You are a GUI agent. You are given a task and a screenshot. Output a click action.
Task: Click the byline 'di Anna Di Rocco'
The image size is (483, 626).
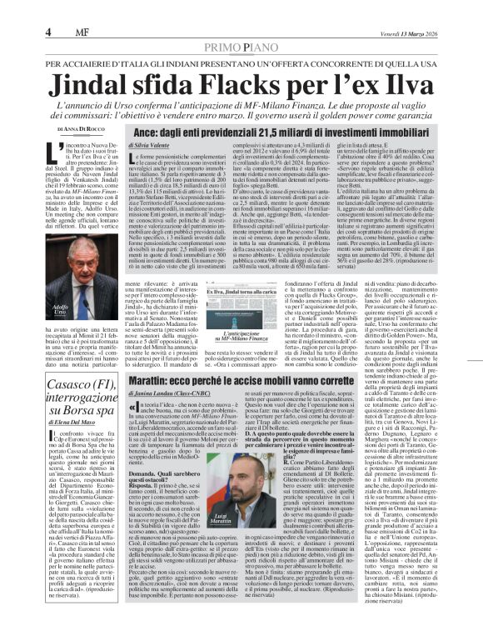coord(82,130)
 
